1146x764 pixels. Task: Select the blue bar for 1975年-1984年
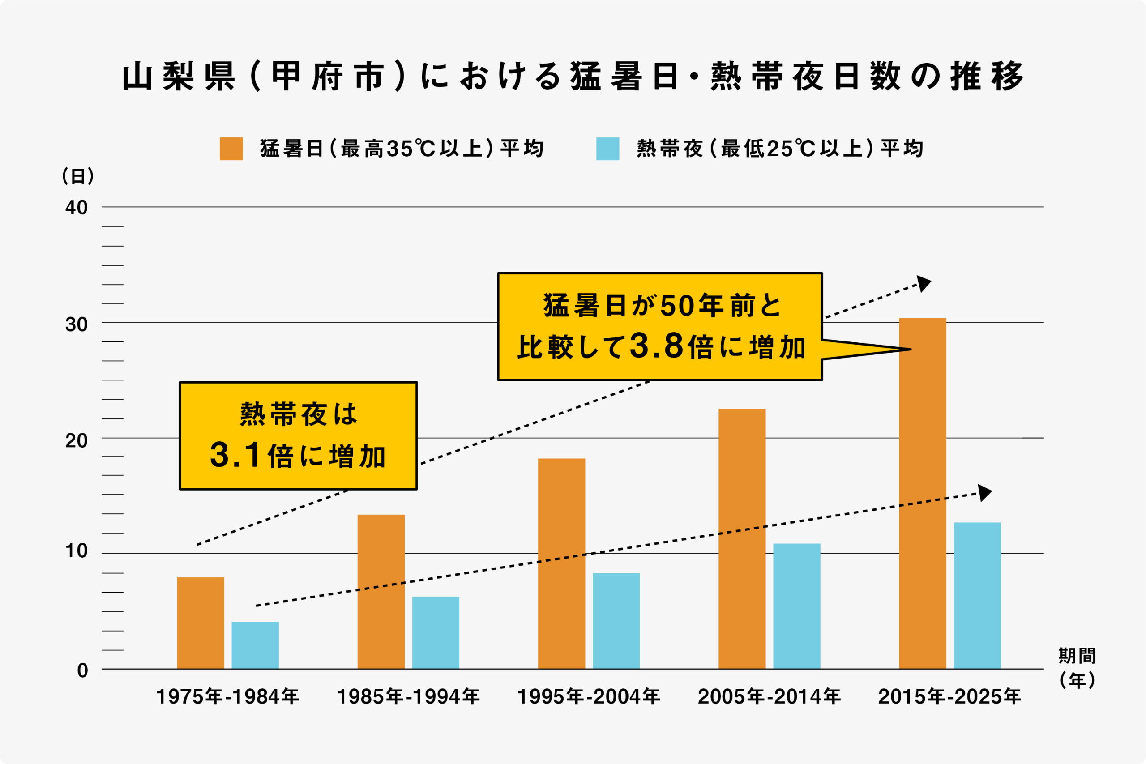255,645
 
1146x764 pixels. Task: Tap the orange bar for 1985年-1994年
381,592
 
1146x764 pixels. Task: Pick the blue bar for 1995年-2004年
616,621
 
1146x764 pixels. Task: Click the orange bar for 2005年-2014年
742,538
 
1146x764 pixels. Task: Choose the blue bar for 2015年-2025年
977,595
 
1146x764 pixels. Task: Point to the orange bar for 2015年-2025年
922,493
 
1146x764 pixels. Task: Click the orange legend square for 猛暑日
231,149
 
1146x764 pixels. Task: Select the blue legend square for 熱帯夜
607,149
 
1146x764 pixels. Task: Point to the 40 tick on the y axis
77,208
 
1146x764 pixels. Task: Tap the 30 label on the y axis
77,324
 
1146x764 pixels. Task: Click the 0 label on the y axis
82,670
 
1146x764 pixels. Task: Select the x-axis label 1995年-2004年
588,697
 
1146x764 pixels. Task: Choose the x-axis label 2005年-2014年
769,697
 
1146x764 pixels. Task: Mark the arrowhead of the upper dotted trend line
924,284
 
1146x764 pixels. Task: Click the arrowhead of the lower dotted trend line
984,493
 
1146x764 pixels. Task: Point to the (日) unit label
78,176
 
